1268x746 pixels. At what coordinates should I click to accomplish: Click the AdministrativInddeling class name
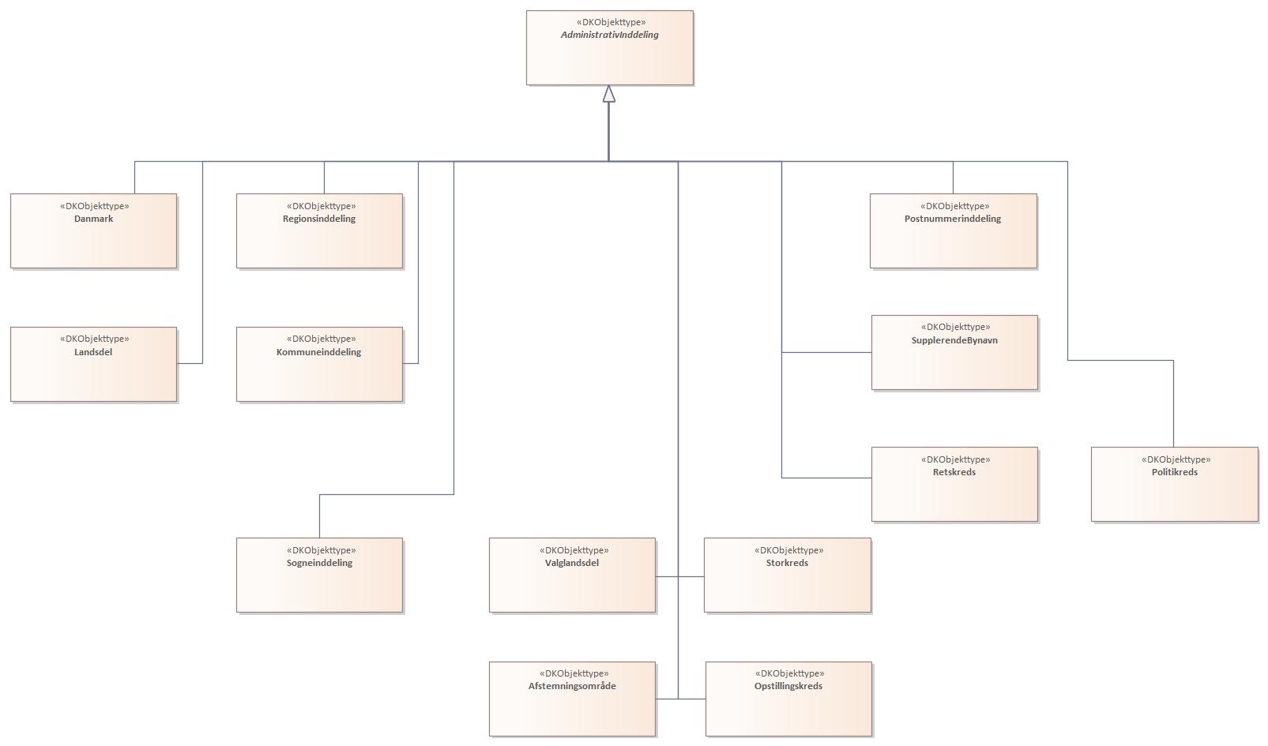click(x=609, y=35)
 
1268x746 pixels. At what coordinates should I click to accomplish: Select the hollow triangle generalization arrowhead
click(x=608, y=94)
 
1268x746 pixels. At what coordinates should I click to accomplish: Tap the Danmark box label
click(x=93, y=219)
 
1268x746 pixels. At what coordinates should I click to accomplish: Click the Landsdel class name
click(x=93, y=352)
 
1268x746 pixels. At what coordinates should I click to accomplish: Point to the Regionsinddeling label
click(x=319, y=219)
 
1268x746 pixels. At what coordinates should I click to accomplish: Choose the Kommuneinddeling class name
click(x=319, y=352)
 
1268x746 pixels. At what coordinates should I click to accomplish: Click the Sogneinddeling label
click(x=319, y=563)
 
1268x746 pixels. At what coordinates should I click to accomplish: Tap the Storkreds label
click(x=787, y=563)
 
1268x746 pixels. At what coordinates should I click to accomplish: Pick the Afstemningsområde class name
click(x=572, y=686)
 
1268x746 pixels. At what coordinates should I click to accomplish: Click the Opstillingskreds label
click(x=788, y=686)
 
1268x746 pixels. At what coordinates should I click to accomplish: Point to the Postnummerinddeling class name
click(x=953, y=219)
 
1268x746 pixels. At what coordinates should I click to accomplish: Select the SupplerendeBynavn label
click(x=954, y=340)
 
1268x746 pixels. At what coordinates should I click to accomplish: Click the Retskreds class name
click(x=954, y=472)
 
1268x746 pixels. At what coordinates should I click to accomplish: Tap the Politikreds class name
click(x=1174, y=472)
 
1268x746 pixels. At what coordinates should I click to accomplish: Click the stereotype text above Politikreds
click(x=1176, y=459)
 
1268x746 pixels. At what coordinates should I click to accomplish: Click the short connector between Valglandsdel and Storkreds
click(x=691, y=576)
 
